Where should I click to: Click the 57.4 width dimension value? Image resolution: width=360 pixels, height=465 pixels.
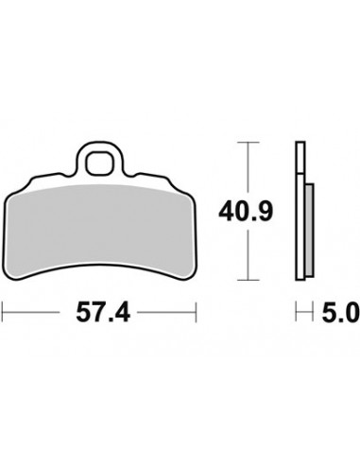pyautogui.click(x=103, y=312)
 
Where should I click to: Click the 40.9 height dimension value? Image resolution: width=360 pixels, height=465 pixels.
pyautogui.click(x=246, y=212)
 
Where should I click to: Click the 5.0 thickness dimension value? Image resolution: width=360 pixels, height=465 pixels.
pyautogui.click(x=340, y=312)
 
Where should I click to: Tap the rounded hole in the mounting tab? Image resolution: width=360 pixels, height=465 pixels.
pyautogui.click(x=100, y=163)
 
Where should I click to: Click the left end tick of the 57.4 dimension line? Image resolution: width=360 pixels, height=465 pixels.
pyautogui.click(x=2, y=312)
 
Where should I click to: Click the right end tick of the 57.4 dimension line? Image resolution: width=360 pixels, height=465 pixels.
pyautogui.click(x=196, y=312)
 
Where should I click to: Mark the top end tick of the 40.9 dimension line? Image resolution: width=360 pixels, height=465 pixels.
pyautogui.click(x=249, y=143)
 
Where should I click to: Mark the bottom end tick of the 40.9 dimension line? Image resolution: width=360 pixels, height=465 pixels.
pyautogui.click(x=249, y=280)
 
